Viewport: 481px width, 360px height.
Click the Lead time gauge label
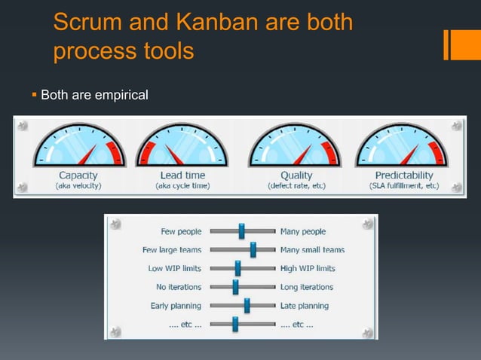[182, 175]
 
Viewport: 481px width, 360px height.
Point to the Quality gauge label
[296, 175]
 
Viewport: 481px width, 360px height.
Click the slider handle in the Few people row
[241, 231]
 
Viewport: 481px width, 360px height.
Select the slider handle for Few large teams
[253, 249]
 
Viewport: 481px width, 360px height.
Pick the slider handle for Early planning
[247, 306]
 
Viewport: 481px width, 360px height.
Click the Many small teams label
[312, 250]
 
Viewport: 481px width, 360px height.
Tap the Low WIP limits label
[175, 268]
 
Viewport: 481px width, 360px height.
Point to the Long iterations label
[307, 287]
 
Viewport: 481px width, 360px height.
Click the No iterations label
[179, 287]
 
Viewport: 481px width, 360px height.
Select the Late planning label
[305, 306]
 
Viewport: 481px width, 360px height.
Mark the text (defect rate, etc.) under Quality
[296, 185]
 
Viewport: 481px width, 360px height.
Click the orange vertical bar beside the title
[448, 44]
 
